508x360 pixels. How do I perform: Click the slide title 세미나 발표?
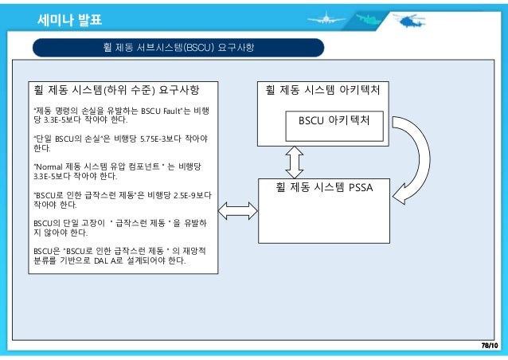70,19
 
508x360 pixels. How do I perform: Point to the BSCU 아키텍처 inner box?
335,124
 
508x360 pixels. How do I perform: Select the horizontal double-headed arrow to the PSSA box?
237,211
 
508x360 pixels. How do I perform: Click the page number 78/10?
488,345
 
